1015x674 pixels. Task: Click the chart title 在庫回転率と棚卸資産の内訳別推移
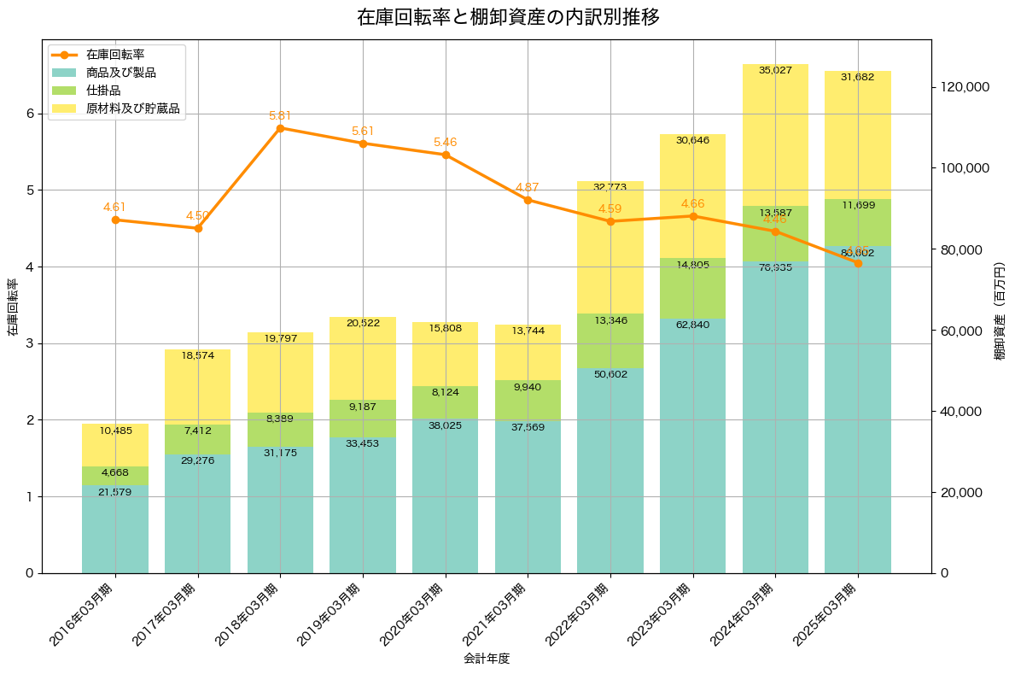(x=508, y=17)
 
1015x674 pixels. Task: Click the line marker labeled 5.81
(x=280, y=128)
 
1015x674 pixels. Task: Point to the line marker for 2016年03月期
(x=115, y=220)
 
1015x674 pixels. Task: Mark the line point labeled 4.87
(x=528, y=200)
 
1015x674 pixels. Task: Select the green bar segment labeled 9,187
(x=363, y=419)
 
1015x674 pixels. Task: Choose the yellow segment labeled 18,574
(x=197, y=387)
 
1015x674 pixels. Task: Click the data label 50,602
(x=610, y=374)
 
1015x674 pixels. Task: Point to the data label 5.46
(x=446, y=143)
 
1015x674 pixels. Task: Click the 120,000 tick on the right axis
(x=965, y=87)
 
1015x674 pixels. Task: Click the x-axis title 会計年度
(x=487, y=659)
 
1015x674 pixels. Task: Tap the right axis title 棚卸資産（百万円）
(x=1000, y=306)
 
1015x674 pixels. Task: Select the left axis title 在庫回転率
(x=12, y=306)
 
